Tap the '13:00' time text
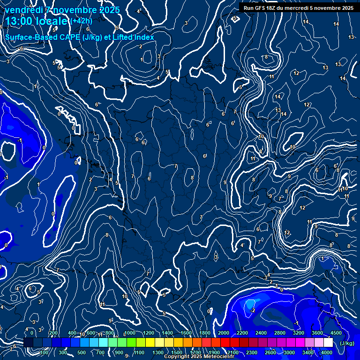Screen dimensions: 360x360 pyautogui.click(x=19, y=21)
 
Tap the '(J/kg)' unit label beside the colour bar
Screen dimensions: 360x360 pyautogui.click(x=347, y=343)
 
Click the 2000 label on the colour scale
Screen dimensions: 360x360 pyautogui.click(x=224, y=333)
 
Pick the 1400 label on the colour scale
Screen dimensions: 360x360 pyautogui.click(x=167, y=333)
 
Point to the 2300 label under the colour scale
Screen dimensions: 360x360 pyautogui.click(x=252, y=352)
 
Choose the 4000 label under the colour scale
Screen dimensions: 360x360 pyautogui.click(x=327, y=352)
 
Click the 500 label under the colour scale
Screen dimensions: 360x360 pyautogui.click(x=82, y=352)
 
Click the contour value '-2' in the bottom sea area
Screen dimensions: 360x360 pyautogui.click(x=252, y=310)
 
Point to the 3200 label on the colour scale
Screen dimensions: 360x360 pyautogui.click(x=299, y=333)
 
